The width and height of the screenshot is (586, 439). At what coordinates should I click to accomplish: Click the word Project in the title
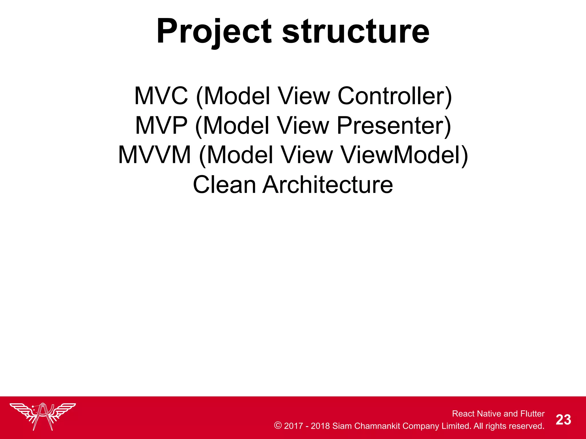tap(214, 31)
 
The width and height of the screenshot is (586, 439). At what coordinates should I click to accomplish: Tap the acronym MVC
tap(161, 96)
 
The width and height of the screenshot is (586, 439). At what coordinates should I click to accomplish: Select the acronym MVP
tap(161, 126)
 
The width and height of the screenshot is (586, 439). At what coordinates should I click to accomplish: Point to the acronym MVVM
tap(155, 155)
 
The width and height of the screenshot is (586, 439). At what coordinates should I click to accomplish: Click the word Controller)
tap(395, 96)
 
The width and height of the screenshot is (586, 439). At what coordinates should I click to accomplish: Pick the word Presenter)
tap(394, 126)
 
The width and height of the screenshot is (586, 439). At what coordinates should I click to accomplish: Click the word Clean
tap(224, 185)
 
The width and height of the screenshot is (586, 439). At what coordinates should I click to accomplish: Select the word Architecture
tap(328, 185)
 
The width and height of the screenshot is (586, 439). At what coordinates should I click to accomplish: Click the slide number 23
tap(563, 420)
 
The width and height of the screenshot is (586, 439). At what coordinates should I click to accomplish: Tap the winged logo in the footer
tap(43, 416)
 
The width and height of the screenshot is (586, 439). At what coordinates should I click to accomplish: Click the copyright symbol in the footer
tap(278, 425)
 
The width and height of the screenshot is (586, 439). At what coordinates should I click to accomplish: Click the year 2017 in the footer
tap(293, 426)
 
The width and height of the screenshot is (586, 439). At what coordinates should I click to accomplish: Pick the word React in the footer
tap(463, 414)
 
